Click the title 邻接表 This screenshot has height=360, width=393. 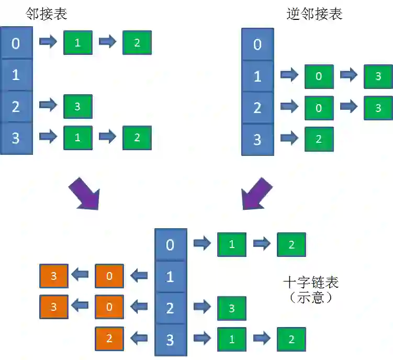click(47, 14)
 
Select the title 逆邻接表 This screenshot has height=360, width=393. click(315, 14)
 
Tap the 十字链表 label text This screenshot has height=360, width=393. click(311, 283)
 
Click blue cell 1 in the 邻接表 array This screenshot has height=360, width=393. click(15, 74)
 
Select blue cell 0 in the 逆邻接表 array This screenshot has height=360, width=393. click(257, 44)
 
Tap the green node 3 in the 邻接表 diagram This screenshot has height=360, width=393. click(78, 106)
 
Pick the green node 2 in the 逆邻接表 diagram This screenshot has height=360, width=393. click(319, 139)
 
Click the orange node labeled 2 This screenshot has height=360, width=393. click(109, 339)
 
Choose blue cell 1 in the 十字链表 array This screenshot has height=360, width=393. click(170, 276)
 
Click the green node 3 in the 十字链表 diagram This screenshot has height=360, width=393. click(232, 308)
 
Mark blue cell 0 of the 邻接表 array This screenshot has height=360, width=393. click(15, 43)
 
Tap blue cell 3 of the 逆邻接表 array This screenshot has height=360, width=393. click(257, 139)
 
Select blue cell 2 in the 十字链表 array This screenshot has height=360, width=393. click(170, 308)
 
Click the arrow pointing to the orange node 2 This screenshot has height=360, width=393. click(139, 339)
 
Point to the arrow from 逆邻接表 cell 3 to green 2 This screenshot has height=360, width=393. click(289, 139)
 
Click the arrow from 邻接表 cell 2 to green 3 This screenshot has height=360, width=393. click(48, 106)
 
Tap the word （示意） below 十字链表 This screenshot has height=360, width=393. click(311, 298)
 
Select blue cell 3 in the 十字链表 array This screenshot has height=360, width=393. click(170, 340)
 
